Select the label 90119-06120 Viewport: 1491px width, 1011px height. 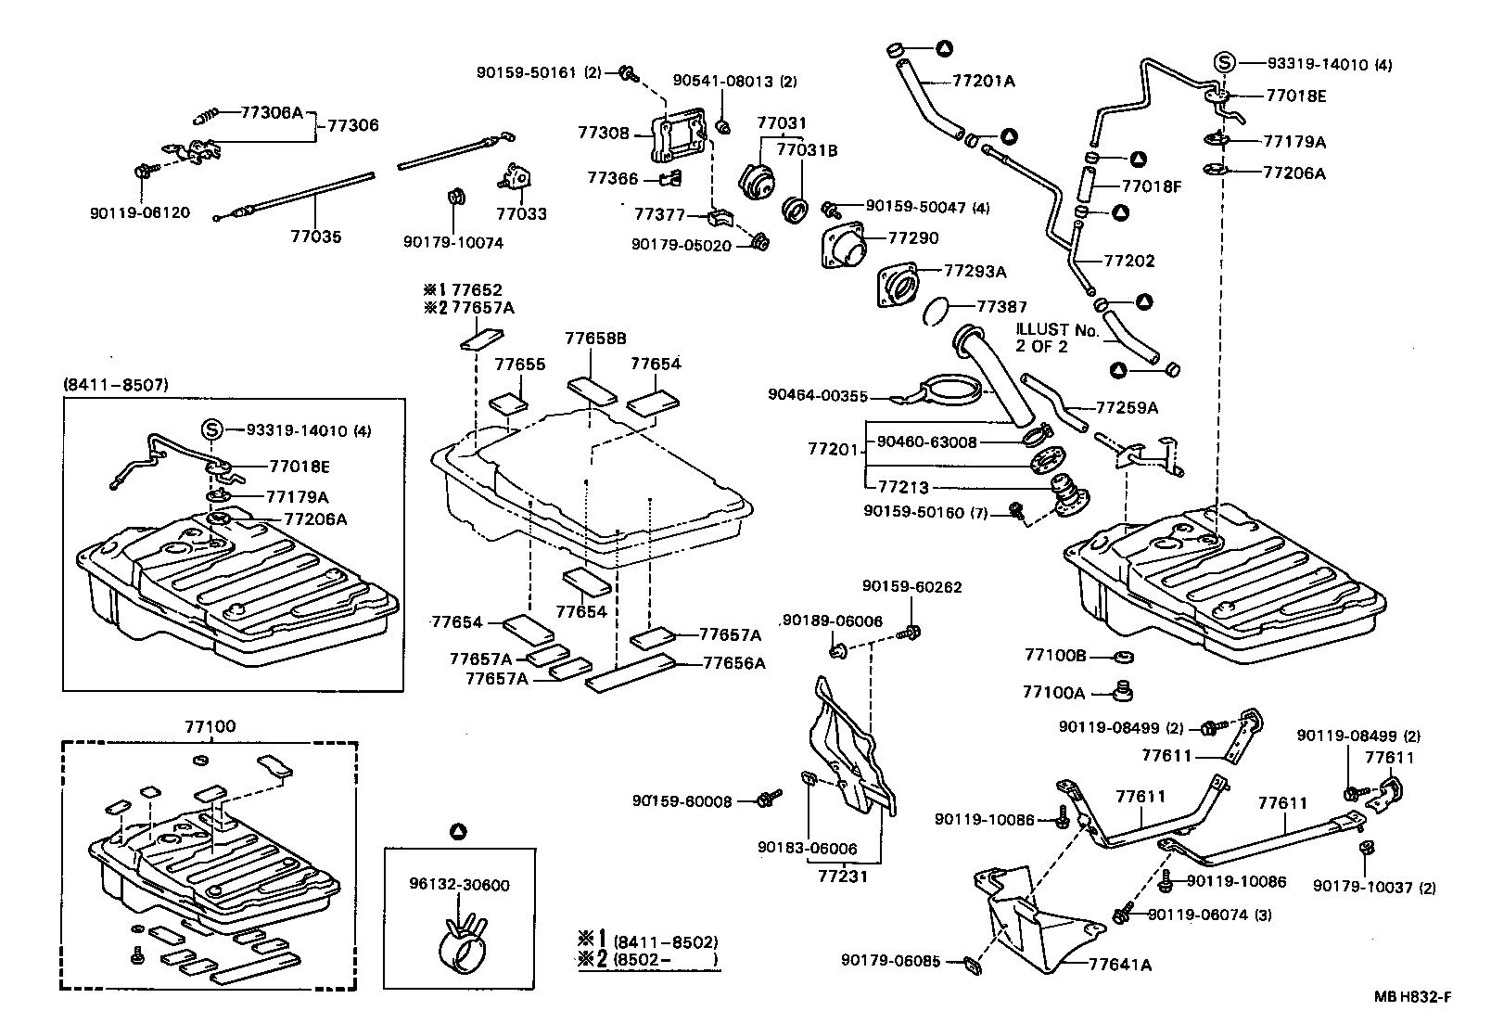pos(139,212)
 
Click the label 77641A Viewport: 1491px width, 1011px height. pos(1119,965)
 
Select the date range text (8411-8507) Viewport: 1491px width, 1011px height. pos(116,384)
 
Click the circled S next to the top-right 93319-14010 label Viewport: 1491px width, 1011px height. pos(1224,63)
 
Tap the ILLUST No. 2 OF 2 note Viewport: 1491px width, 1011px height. pos(1056,338)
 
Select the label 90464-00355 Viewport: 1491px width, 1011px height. pos(817,396)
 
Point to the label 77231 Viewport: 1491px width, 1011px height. pos(843,875)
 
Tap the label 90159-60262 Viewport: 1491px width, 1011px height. pos(911,587)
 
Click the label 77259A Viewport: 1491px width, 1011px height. pos(1127,407)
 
